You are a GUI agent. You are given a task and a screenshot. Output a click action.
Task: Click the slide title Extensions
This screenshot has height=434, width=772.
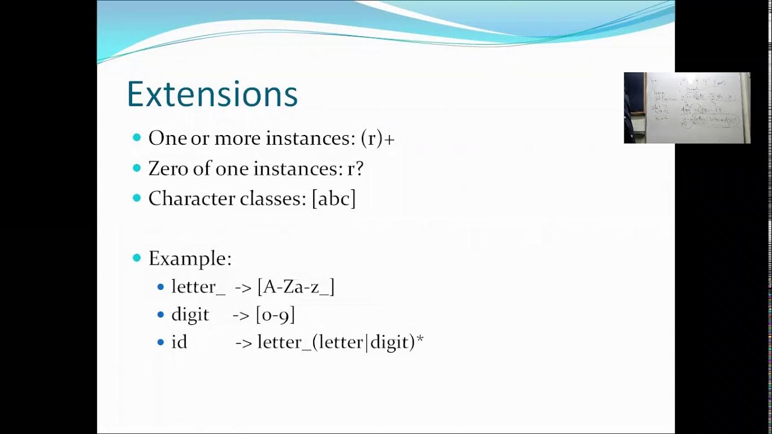(212, 95)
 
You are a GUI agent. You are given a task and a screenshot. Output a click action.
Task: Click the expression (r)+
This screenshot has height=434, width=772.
(378, 139)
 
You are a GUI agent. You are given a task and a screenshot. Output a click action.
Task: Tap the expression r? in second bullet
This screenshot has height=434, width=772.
(355, 169)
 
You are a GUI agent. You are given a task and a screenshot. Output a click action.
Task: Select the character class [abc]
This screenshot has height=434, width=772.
(334, 199)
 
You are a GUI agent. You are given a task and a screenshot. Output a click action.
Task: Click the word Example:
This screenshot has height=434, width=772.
(189, 259)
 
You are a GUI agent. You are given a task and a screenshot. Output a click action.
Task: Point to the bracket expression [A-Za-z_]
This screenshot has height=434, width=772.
(296, 287)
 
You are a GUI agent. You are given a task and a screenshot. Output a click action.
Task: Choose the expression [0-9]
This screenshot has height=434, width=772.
(275, 315)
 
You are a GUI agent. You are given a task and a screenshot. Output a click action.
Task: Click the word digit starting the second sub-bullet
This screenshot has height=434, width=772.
(190, 315)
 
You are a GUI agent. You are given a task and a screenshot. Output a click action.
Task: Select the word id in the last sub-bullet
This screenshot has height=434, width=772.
(179, 342)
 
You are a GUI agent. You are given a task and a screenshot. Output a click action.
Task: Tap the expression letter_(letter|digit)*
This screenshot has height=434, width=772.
(340, 342)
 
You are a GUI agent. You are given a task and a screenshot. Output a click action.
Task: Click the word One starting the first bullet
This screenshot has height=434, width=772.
(167, 139)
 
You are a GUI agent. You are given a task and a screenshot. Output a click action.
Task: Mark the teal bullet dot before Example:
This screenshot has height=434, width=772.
(136, 258)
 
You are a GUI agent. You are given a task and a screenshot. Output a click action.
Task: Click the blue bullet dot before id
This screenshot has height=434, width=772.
(160, 342)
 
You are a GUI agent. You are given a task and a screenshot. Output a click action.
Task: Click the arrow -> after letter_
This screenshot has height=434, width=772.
(242, 288)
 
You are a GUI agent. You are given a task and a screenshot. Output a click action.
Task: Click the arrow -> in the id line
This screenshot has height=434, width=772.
(244, 343)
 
